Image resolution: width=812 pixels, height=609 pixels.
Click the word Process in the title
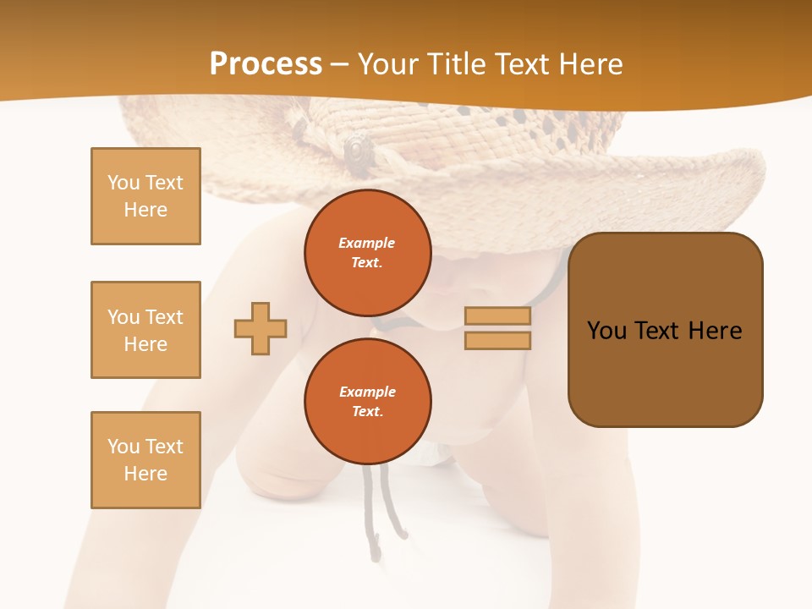tap(266, 63)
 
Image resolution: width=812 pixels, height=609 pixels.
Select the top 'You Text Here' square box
tap(145, 196)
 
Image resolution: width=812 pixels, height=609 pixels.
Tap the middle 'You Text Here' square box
tap(145, 330)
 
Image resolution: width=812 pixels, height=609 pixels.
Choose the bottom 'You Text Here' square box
tap(145, 460)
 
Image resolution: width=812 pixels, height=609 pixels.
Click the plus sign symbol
tap(261, 328)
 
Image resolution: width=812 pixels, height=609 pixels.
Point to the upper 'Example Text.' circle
tap(367, 253)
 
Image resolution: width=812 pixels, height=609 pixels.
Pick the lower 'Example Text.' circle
tap(367, 402)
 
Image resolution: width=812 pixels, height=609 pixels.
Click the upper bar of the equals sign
tap(498, 315)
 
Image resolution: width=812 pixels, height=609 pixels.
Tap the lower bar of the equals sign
tap(498, 340)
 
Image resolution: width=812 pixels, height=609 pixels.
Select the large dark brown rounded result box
tap(665, 330)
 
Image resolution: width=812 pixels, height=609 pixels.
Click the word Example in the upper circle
tap(367, 243)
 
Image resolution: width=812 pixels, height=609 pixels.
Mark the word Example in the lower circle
tap(367, 392)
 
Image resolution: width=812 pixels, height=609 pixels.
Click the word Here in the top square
tap(145, 210)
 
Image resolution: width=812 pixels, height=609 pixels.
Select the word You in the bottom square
tap(123, 447)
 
